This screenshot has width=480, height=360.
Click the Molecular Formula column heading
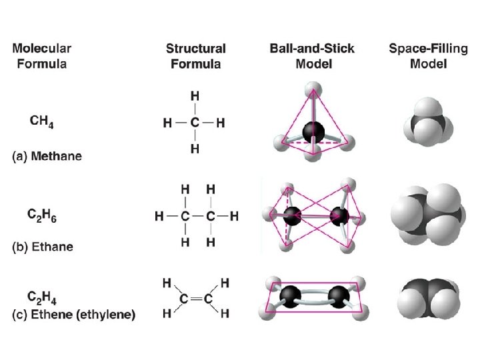point(41,56)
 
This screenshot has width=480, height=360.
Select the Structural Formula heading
point(195,56)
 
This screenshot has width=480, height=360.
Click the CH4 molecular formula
point(42,122)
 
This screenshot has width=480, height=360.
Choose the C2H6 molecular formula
point(42,215)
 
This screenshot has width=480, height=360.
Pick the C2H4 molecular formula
point(42,296)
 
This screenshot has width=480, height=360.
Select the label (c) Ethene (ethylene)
point(74,314)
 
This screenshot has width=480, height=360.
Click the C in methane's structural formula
point(195,123)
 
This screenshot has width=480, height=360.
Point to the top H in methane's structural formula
point(195,97)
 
